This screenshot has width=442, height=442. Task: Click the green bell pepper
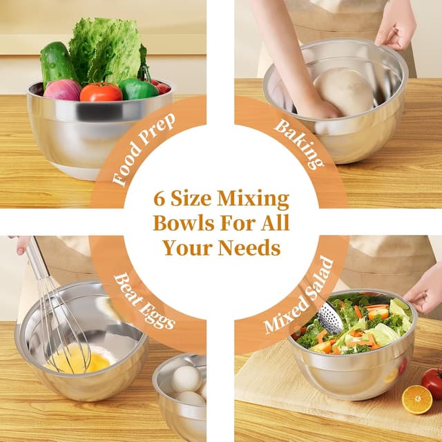pyautogui.click(x=137, y=89)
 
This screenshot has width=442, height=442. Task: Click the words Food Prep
pyautogui.click(x=144, y=149)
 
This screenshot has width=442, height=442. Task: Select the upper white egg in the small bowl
pyautogui.click(x=186, y=379)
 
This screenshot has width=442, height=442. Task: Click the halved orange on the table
pyautogui.click(x=417, y=400)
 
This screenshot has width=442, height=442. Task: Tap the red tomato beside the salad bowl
pyautogui.click(x=433, y=382)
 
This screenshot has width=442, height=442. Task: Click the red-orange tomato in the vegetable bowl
pyautogui.click(x=101, y=92)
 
